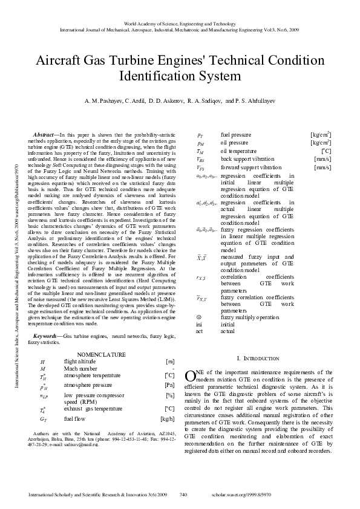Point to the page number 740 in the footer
(x=185, y=494)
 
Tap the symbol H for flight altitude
(x=42, y=361)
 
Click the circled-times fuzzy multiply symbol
(x=200, y=317)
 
